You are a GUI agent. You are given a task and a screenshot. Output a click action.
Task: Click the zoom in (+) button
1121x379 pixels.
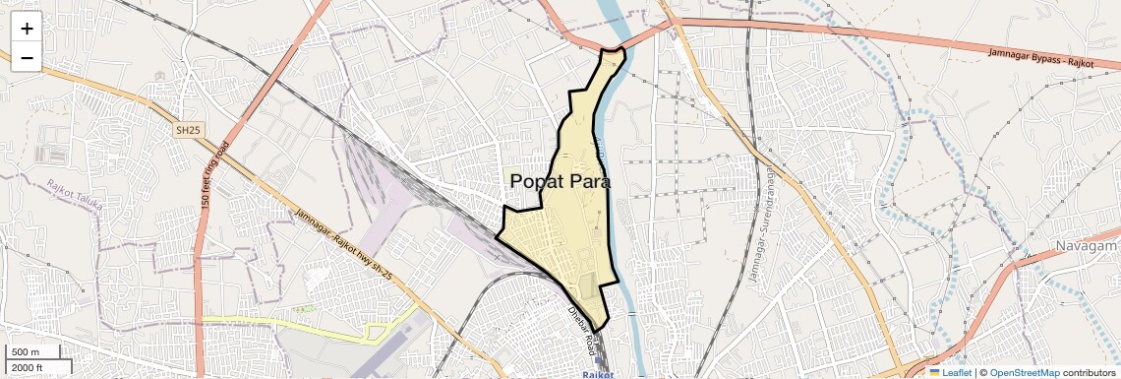(x=27, y=29)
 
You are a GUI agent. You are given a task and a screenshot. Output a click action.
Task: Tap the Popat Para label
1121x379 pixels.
(x=560, y=182)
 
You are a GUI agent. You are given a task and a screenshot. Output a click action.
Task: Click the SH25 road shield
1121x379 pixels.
(x=187, y=130)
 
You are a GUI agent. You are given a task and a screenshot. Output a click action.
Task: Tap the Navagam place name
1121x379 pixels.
(x=1088, y=245)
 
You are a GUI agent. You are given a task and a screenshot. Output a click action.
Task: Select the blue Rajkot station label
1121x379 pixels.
(x=598, y=374)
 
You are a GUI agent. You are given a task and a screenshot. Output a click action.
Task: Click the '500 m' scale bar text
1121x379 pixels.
(x=26, y=352)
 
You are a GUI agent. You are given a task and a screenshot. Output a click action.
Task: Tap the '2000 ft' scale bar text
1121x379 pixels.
(x=28, y=367)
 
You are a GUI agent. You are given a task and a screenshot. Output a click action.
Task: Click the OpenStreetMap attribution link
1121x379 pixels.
(x=1024, y=372)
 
